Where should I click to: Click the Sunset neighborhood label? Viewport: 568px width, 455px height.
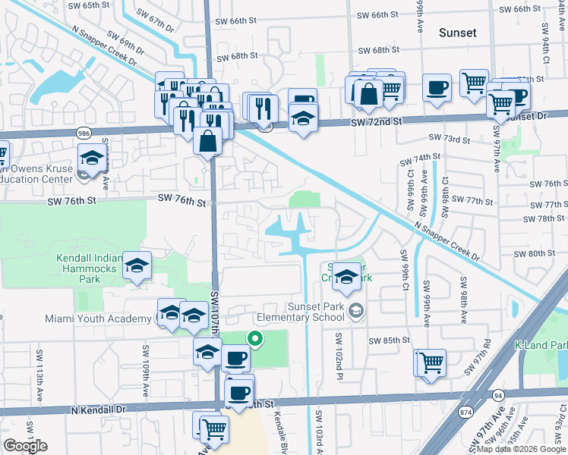pos(458,33)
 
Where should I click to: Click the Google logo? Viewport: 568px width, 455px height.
pos(25,446)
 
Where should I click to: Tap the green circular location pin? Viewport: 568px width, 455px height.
pos(256,340)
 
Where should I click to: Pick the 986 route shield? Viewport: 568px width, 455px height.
pos(83,131)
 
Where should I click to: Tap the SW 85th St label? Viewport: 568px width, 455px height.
pos(389,340)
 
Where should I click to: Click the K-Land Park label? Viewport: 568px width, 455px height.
pos(541,345)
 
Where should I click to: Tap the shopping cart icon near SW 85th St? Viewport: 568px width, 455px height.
pos(431,363)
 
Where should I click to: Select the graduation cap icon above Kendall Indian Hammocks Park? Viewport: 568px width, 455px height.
pos(137,265)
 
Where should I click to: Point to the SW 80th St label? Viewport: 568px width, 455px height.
pos(535,253)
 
